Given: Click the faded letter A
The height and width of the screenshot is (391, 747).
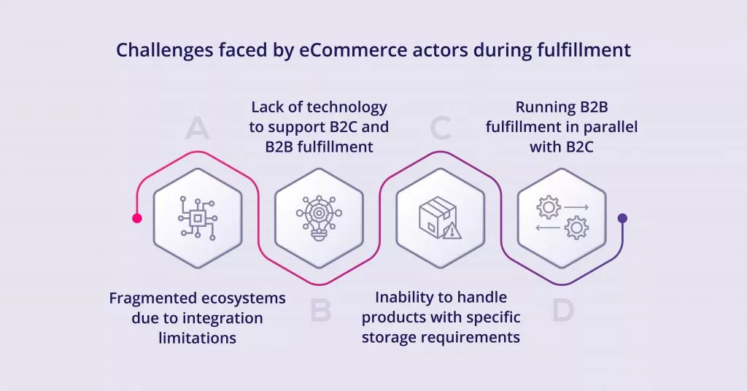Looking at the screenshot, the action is [197, 128].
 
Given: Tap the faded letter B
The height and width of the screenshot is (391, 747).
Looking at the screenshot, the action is [321, 310].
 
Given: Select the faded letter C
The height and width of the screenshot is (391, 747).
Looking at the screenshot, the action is [440, 128].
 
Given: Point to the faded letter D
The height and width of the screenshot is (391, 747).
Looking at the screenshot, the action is [563, 310].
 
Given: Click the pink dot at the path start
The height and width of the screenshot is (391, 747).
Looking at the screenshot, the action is [136, 218].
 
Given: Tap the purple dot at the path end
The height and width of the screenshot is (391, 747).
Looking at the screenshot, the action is [622, 218].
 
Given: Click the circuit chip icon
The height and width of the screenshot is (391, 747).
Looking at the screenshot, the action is [198, 218].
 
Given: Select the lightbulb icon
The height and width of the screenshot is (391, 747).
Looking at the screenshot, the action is [320, 218].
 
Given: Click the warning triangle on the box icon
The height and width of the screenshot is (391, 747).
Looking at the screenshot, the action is [452, 231].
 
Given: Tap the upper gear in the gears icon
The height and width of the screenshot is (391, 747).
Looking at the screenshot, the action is [549, 208].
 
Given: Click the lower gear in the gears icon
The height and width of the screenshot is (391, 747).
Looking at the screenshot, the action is [576, 228].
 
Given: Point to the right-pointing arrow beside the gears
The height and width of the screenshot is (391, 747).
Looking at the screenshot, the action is [576, 208].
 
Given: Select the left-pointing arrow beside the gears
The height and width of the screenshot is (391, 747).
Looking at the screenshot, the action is [548, 228].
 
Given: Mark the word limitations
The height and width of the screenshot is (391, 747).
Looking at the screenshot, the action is [197, 338].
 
